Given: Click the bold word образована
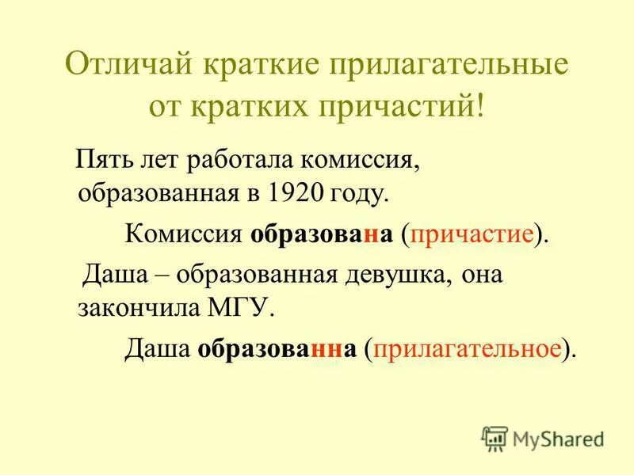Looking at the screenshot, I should coord(323,235).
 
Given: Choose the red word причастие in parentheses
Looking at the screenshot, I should coord(472,235).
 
